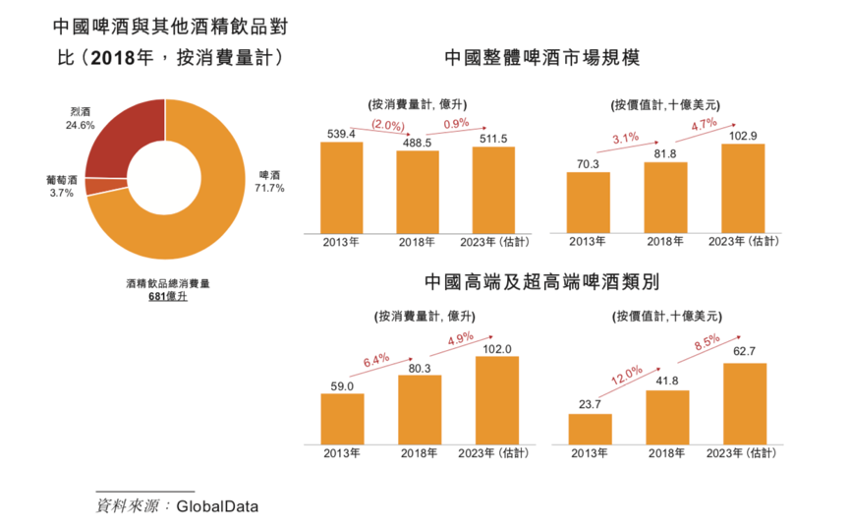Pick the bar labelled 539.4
[341, 187]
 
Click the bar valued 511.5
[494, 189]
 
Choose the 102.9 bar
[742, 188]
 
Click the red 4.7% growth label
[704, 125]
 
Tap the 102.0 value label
[496, 348]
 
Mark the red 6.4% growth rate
[377, 360]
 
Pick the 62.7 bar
[744, 402]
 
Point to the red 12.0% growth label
[626, 375]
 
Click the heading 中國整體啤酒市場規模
[542, 57]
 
